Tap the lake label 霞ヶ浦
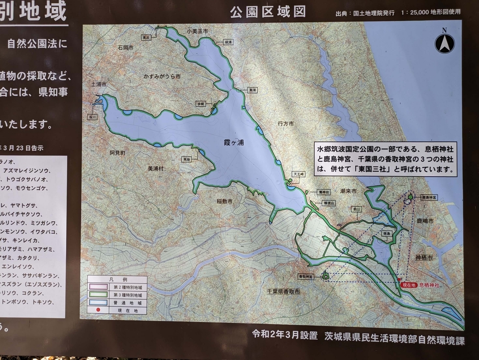[234, 143]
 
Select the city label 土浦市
[99, 85]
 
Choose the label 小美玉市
[198, 31]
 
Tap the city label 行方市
[286, 124]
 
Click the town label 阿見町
[117, 153]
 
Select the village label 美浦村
[156, 169]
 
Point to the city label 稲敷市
[225, 201]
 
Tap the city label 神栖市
[424, 258]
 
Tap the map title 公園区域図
[268, 12]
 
